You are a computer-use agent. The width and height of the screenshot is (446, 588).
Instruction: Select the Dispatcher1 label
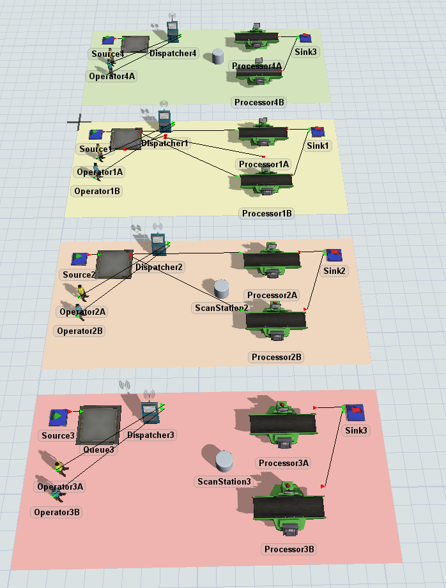tap(165, 144)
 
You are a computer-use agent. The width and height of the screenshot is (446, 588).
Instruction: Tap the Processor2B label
tap(277, 357)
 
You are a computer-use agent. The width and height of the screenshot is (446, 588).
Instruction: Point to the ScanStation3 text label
tap(224, 481)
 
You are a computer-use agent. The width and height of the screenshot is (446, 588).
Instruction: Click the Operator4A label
tap(112, 76)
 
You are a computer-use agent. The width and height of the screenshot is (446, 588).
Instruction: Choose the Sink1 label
tap(318, 146)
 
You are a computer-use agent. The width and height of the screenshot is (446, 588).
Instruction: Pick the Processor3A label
tap(282, 462)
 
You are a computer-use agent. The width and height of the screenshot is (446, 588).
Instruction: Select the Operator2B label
tap(80, 331)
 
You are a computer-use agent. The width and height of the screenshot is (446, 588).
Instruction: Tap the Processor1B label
tap(266, 213)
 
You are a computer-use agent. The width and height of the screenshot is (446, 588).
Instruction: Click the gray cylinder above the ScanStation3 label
tap(224, 460)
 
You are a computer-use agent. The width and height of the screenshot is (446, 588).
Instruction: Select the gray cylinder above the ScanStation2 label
tap(221, 289)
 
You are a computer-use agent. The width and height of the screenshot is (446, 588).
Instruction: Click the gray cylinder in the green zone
tap(217, 57)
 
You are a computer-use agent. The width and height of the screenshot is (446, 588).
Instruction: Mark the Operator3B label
tap(57, 512)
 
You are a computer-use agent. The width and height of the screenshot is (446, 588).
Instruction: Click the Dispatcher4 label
tap(173, 53)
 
